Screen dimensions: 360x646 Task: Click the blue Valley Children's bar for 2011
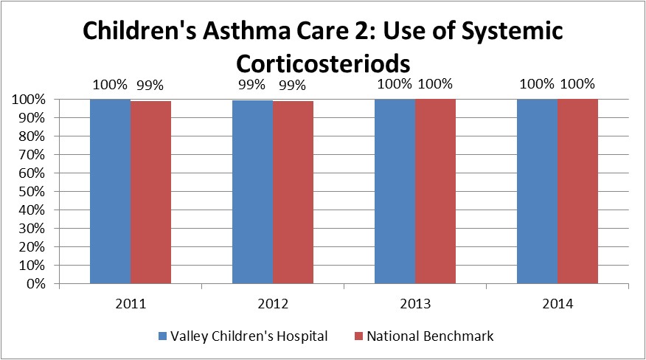(x=111, y=191)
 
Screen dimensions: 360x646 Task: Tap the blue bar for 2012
(x=252, y=192)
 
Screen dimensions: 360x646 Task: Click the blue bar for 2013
(x=395, y=191)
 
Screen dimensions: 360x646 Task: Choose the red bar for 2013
(x=435, y=191)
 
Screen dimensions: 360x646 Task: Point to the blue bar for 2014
(x=537, y=191)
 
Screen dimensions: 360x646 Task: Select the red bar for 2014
(x=577, y=191)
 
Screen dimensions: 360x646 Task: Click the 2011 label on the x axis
(x=131, y=302)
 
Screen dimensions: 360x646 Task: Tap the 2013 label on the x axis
(x=414, y=302)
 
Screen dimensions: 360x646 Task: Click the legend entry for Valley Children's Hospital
(x=243, y=336)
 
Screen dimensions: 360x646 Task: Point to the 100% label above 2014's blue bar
(x=536, y=83)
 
